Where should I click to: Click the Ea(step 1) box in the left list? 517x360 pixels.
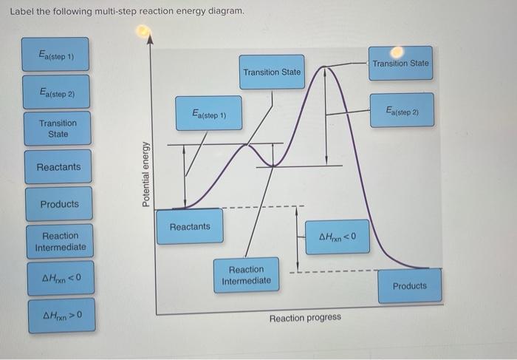click(x=55, y=55)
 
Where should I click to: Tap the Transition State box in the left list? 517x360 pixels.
click(x=58, y=128)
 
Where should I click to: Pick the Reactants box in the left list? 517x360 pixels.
click(x=58, y=166)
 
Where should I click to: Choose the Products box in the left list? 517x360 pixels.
click(x=59, y=203)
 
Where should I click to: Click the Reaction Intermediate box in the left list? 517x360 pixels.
click(x=60, y=241)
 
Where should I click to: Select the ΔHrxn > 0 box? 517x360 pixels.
click(x=61, y=319)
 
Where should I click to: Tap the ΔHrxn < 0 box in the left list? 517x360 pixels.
click(x=61, y=279)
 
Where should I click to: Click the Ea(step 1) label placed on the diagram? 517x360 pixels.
click(x=208, y=114)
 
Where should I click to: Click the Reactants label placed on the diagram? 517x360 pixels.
click(x=190, y=226)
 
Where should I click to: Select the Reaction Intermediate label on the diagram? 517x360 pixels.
click(x=246, y=275)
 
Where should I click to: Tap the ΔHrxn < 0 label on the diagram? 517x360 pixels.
click(x=338, y=237)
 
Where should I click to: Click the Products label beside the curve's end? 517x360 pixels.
click(x=409, y=285)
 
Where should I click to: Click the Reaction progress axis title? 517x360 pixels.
click(x=305, y=317)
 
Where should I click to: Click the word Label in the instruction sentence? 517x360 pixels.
click(x=21, y=12)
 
